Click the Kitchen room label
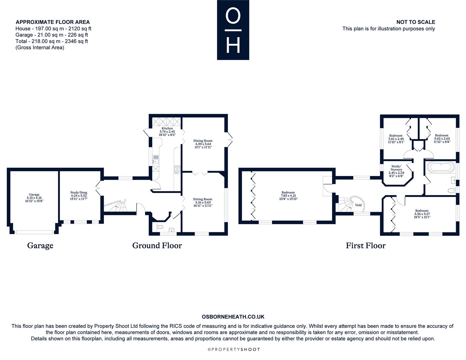[167, 131]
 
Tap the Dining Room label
[203, 144]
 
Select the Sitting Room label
[203, 202]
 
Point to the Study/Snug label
[79, 196]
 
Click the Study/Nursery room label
[396, 171]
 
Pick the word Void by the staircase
[358, 205]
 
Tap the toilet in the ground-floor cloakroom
[160, 227]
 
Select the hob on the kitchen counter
[177, 169]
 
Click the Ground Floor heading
[157, 246]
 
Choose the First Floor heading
[366, 246]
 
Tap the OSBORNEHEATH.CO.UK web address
[233, 317]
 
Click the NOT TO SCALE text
[416, 22]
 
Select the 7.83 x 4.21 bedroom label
[288, 196]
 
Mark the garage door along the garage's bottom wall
[34, 232]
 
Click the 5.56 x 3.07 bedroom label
[422, 214]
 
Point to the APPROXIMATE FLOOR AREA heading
[53, 22]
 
